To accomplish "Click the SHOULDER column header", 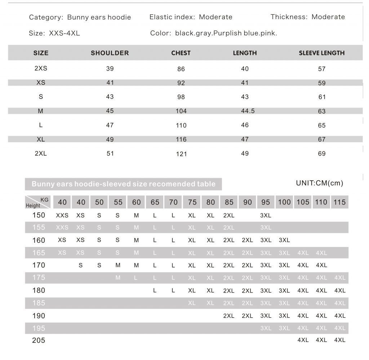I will [x=110, y=53].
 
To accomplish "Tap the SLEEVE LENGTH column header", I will [x=321, y=53].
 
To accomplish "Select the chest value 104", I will [x=181, y=111].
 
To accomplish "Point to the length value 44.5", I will [x=248, y=111].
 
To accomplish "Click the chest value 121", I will [x=181, y=154].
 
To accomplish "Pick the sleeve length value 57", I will [x=322, y=69].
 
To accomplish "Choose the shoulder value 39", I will [x=110, y=69].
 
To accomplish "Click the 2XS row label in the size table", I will [x=41, y=68].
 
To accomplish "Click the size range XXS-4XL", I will [x=64, y=33].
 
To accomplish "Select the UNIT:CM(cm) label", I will [x=319, y=183].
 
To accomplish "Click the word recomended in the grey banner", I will [x=171, y=184].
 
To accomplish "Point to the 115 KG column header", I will [x=339, y=202].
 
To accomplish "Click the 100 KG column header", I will [x=284, y=202].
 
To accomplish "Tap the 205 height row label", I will [x=39, y=340].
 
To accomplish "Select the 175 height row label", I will [x=39, y=278].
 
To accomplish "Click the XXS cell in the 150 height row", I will [x=62, y=215].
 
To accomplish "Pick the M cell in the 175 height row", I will [x=118, y=278].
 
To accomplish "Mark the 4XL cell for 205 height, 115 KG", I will [x=339, y=340].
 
